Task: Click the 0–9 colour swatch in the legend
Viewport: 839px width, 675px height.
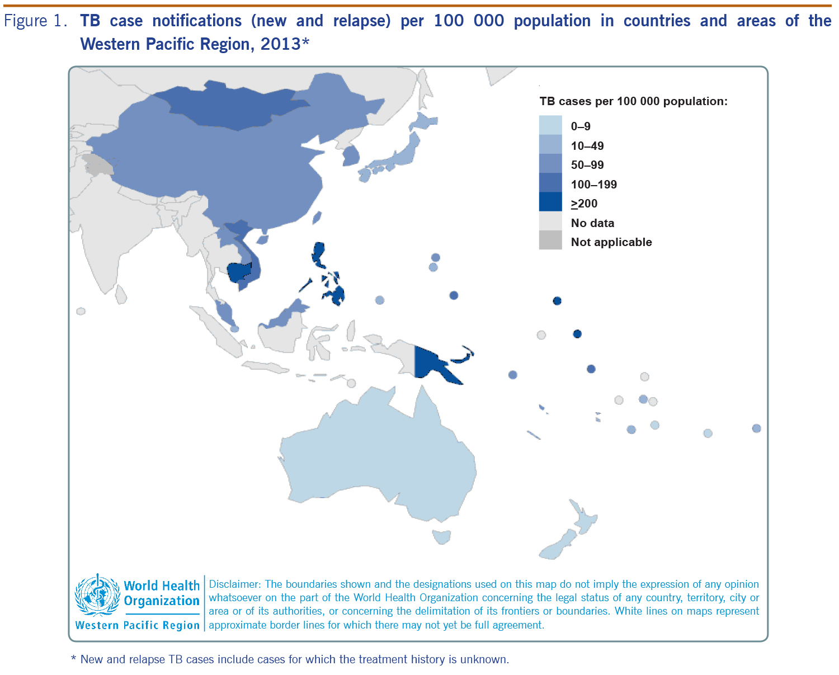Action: pyautogui.click(x=550, y=126)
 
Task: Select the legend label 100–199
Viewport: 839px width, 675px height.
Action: pyautogui.click(x=593, y=185)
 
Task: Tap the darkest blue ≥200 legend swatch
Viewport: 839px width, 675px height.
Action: pyautogui.click(x=550, y=202)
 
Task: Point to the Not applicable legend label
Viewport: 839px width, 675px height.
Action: pyautogui.click(x=611, y=242)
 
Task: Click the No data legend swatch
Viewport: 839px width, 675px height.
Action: pyautogui.click(x=550, y=222)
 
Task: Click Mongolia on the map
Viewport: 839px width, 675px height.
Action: pyautogui.click(x=235, y=106)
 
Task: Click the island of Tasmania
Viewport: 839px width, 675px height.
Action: pyautogui.click(x=441, y=536)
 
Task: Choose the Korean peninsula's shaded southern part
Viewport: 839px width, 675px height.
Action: pyautogui.click(x=351, y=156)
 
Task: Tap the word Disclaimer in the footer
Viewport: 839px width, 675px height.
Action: pyautogui.click(x=234, y=584)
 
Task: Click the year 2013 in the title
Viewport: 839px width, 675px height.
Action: pyautogui.click(x=281, y=44)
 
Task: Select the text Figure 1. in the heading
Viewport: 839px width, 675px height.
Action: pyautogui.click(x=36, y=21)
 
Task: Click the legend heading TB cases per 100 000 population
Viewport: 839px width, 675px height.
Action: pyautogui.click(x=633, y=101)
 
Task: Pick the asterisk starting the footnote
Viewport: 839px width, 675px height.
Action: pyautogui.click(x=73, y=659)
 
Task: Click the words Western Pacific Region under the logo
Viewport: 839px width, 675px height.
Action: pyautogui.click(x=137, y=625)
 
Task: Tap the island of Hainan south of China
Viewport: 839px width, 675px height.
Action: pyautogui.click(x=262, y=239)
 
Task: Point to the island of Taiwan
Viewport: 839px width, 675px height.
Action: pyautogui.click(x=317, y=218)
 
